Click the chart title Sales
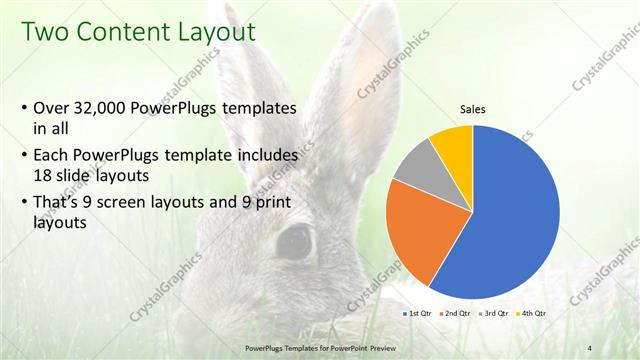click(x=473, y=109)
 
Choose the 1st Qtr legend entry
click(x=417, y=313)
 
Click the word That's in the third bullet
click(x=59, y=204)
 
